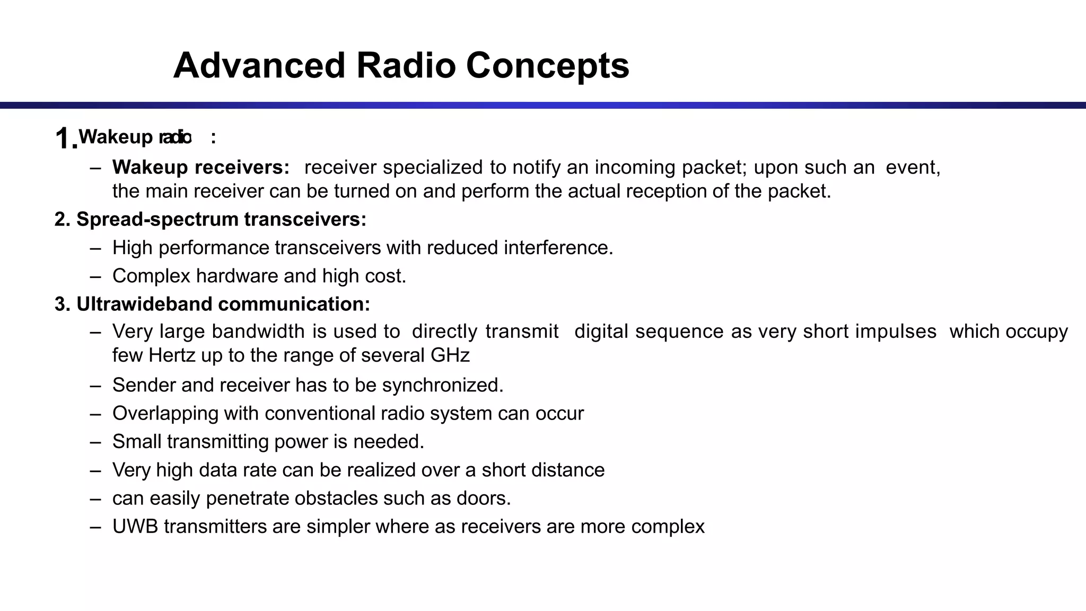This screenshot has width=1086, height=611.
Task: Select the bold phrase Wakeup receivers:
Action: [201, 167]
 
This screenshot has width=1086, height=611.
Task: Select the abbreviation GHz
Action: [450, 355]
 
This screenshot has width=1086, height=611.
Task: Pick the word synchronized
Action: [442, 385]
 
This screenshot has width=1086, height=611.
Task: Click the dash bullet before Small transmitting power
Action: [95, 442]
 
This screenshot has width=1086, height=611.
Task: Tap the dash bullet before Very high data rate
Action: [95, 470]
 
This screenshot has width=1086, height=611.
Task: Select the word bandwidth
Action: [259, 331]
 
